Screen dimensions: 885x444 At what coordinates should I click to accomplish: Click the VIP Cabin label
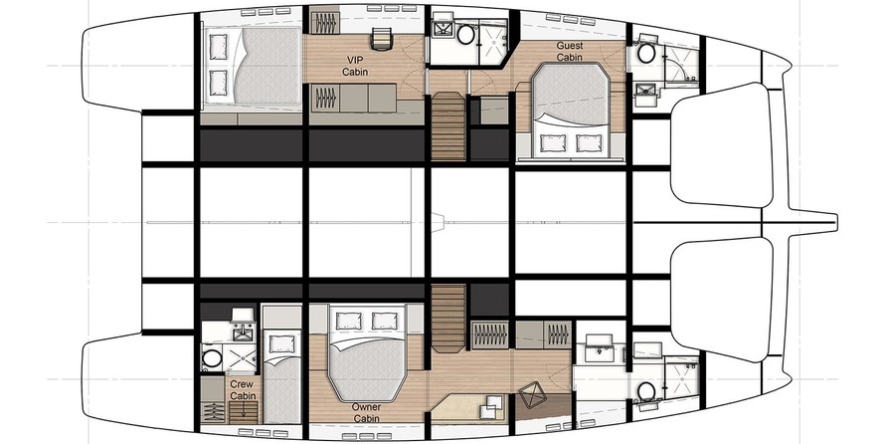tap(355, 66)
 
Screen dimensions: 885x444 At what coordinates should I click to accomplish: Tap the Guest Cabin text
tap(570, 51)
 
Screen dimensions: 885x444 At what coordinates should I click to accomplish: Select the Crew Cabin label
tap(243, 390)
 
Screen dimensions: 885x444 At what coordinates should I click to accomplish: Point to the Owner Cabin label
tap(366, 412)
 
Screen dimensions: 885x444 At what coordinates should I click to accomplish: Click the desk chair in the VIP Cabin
tap(382, 39)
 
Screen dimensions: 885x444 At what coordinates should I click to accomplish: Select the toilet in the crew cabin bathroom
tap(212, 358)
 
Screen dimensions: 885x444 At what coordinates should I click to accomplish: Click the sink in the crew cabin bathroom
tap(244, 333)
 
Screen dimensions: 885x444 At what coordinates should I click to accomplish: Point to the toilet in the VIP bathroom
tap(465, 34)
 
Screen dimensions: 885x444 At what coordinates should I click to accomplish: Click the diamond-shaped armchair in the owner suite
tap(532, 395)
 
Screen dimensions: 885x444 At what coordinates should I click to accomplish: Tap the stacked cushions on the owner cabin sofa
tap(490, 408)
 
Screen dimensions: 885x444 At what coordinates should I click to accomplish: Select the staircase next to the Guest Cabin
tap(448, 126)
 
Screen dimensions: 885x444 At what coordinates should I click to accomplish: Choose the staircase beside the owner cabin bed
tap(448, 319)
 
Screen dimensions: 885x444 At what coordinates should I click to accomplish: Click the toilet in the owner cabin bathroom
tap(646, 391)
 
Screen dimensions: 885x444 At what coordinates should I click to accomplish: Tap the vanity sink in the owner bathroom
tap(599, 345)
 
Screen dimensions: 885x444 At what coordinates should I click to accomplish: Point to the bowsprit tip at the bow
tap(836, 222)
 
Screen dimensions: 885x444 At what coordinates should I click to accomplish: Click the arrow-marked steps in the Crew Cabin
tap(244, 412)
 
